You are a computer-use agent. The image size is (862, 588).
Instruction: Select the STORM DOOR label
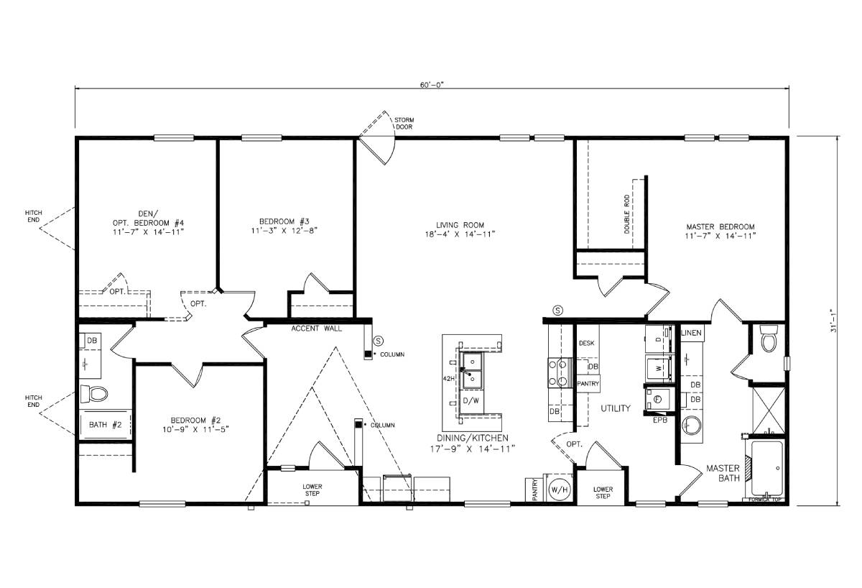(404, 123)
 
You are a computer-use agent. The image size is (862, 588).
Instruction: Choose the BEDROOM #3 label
(284, 225)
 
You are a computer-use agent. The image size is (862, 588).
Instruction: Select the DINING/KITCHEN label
(473, 442)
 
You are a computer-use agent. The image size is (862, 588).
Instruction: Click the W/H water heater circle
(558, 489)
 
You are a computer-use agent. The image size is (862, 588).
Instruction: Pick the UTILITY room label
(616, 408)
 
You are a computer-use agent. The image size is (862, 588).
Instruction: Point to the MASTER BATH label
(723, 474)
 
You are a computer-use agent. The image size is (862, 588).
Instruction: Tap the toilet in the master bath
(769, 340)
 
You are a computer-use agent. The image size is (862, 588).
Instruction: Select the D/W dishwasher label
(471, 400)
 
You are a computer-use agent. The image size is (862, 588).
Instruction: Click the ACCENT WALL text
(316, 329)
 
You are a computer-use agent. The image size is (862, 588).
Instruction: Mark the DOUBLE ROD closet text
(627, 213)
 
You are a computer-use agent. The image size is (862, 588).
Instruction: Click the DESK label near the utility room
(587, 344)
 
